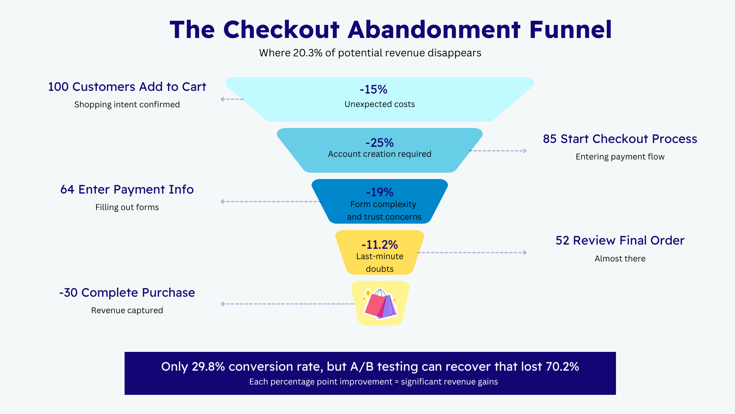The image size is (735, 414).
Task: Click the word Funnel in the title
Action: coord(570,30)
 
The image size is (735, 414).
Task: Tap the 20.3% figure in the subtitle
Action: coord(307,53)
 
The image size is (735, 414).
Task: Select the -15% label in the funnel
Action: coord(374,89)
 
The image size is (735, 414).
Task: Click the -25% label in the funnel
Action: coord(379,143)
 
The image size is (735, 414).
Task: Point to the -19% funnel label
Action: coord(379,192)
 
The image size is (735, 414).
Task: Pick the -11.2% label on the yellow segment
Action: coord(380,245)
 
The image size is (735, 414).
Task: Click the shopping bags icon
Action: coord(380,304)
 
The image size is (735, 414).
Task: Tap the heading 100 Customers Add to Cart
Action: coord(127,87)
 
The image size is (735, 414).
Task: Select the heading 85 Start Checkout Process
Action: coord(620,139)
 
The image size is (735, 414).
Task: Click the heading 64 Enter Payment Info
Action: coord(127,190)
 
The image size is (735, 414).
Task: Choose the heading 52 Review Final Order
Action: coord(620,240)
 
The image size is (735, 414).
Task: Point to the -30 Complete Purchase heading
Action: coord(127,292)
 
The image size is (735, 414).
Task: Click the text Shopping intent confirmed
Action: coord(127,105)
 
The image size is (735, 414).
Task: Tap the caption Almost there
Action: coord(620,259)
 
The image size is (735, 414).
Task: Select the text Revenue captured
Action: coord(127,310)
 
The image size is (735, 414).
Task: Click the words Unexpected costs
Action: coord(380,104)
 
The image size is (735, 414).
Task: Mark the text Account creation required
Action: coord(380,154)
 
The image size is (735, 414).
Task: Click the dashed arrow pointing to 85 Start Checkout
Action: coord(498,151)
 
